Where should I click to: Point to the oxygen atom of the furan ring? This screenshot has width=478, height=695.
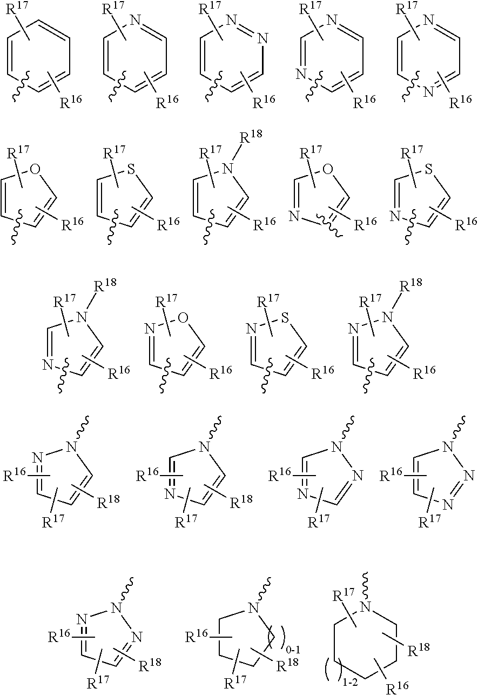[x=36, y=170]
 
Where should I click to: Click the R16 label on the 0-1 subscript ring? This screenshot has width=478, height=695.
[x=197, y=637]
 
